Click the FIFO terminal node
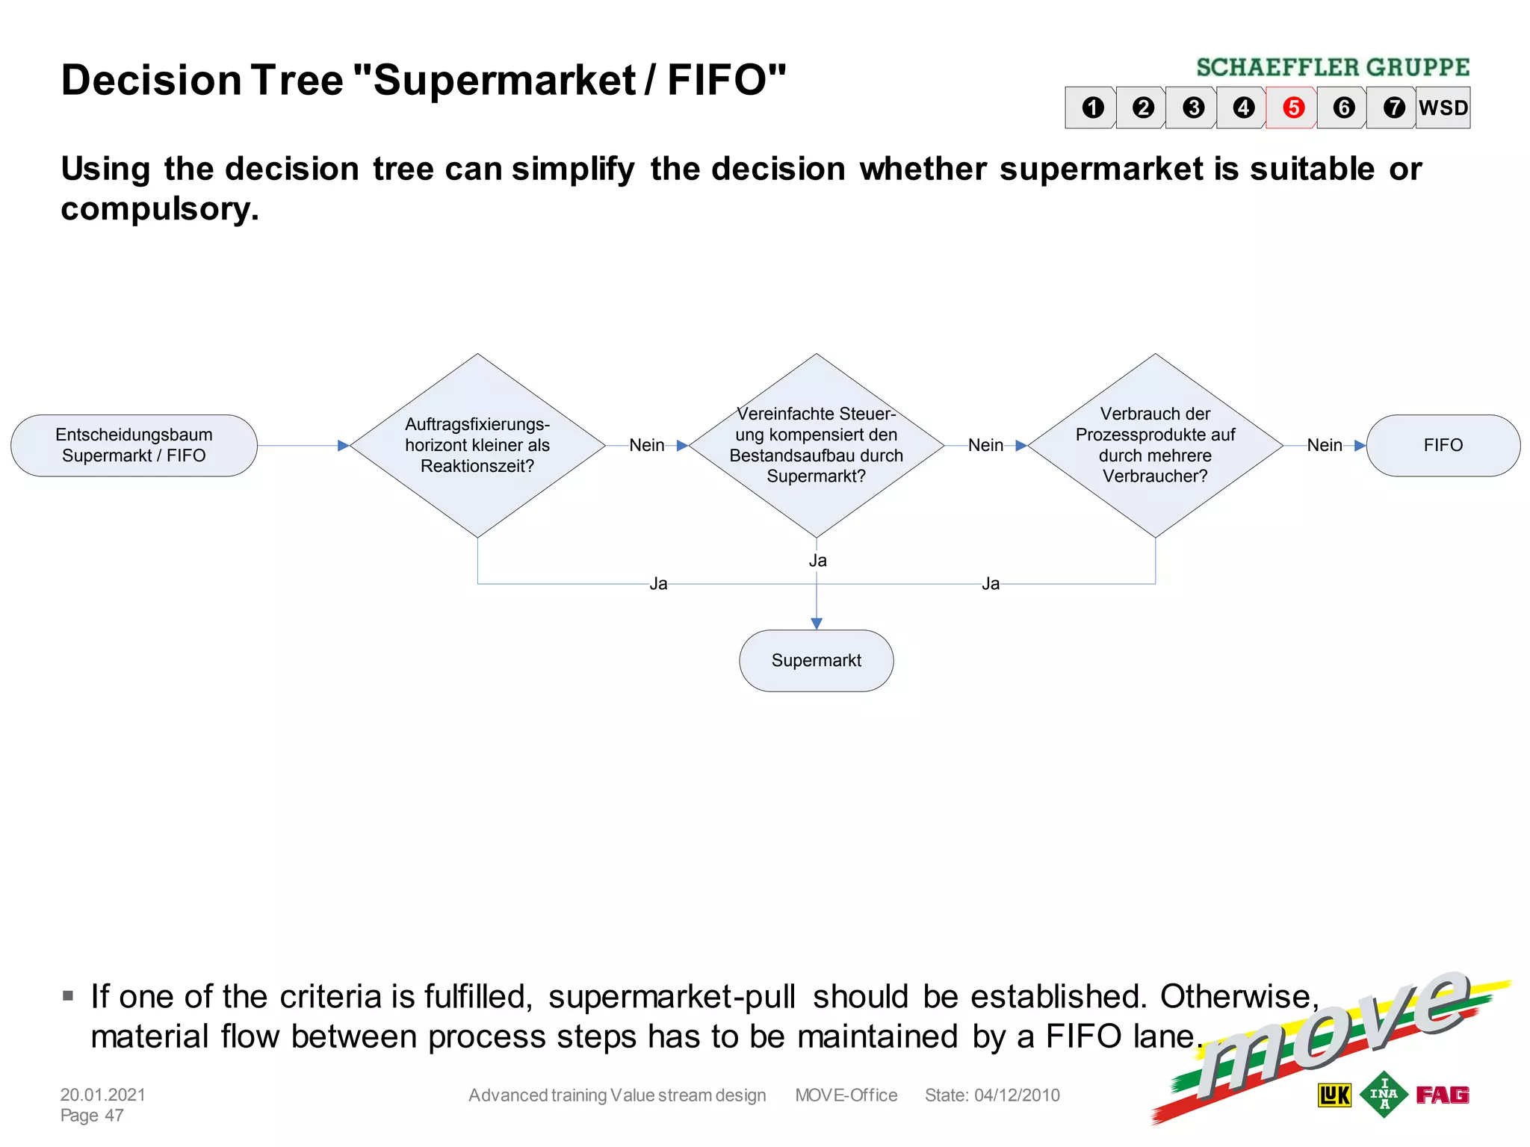(1443, 446)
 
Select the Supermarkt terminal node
(816, 661)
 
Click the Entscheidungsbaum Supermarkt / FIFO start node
(134, 446)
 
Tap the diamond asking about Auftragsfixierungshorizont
(477, 446)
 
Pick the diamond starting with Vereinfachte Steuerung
(816, 446)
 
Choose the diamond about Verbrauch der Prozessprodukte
(1155, 446)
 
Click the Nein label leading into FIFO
(1324, 446)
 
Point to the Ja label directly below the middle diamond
(817, 561)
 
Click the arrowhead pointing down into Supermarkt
(817, 624)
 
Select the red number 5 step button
(1293, 108)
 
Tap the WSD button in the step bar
(1443, 108)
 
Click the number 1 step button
(1093, 108)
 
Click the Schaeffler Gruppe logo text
(1333, 68)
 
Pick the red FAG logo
(1443, 1095)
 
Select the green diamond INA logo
(1384, 1094)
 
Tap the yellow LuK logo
(1334, 1095)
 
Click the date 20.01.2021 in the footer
(103, 1095)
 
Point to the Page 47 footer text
(92, 1116)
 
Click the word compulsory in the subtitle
(158, 209)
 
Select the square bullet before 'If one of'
(68, 996)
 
